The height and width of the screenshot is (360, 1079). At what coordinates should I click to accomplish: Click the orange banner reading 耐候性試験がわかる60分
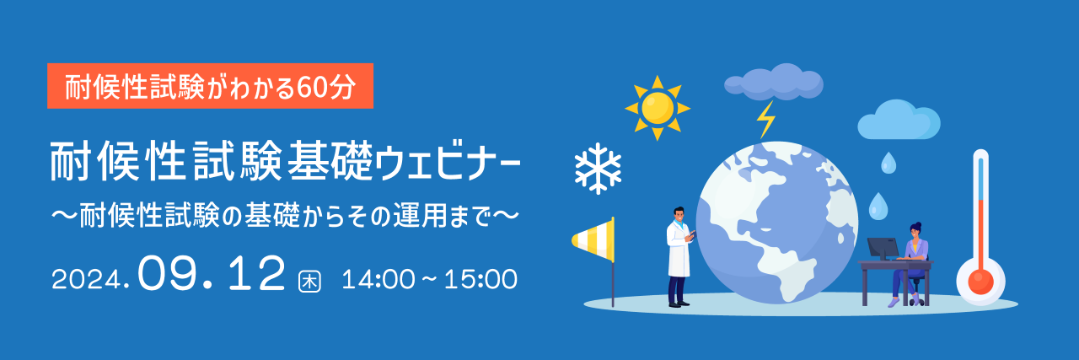click(x=210, y=86)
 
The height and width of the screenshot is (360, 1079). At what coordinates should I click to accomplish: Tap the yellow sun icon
click(x=658, y=108)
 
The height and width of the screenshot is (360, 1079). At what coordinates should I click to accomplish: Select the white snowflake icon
click(x=598, y=168)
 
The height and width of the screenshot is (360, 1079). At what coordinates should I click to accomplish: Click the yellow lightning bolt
click(x=765, y=120)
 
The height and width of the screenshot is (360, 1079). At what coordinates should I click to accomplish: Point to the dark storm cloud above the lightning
click(x=774, y=82)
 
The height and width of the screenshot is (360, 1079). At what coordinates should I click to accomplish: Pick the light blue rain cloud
click(x=899, y=120)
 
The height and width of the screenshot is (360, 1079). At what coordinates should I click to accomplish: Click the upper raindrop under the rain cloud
click(x=888, y=163)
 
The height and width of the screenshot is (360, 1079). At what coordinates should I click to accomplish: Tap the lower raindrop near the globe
click(x=878, y=207)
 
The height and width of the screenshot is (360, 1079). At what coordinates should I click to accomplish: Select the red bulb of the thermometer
click(x=980, y=281)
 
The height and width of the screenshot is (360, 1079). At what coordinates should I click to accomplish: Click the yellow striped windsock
click(x=593, y=239)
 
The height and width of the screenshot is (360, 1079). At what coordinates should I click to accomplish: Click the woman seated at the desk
click(x=910, y=264)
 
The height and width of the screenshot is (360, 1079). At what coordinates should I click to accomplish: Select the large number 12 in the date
click(x=256, y=273)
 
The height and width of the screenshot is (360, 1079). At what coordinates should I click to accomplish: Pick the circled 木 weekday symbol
click(x=309, y=282)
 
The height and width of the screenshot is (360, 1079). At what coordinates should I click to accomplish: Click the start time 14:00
click(x=378, y=280)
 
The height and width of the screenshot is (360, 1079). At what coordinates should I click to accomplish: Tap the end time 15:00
click(x=480, y=280)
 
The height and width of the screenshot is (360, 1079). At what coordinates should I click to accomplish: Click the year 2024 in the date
click(x=86, y=280)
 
